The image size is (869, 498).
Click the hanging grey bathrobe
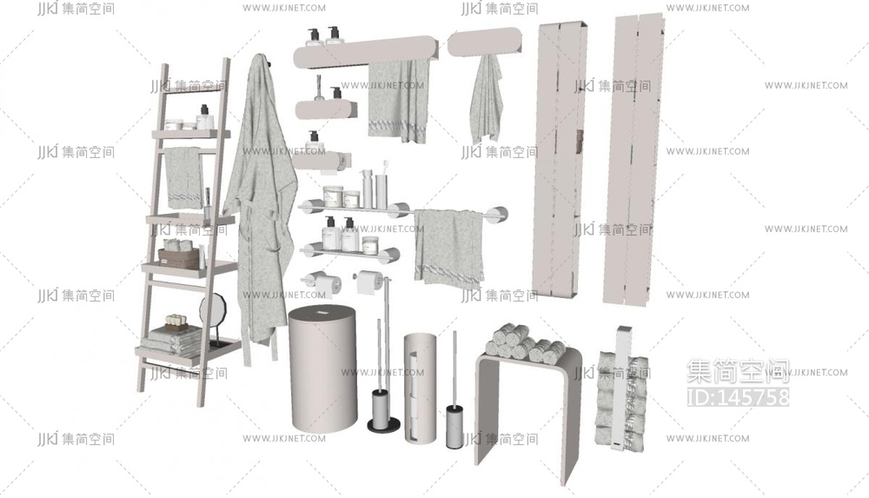[261, 205]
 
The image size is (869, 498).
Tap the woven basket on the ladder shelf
[179, 258]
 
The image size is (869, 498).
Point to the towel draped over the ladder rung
[184, 176]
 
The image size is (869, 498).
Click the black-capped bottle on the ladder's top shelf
[204, 117]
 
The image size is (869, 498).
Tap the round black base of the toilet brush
[384, 426]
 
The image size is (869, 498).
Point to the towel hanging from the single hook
[487, 100]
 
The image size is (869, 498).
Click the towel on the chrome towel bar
[449, 249]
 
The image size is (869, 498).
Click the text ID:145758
[738, 396]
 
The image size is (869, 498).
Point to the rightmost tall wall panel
[634, 160]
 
